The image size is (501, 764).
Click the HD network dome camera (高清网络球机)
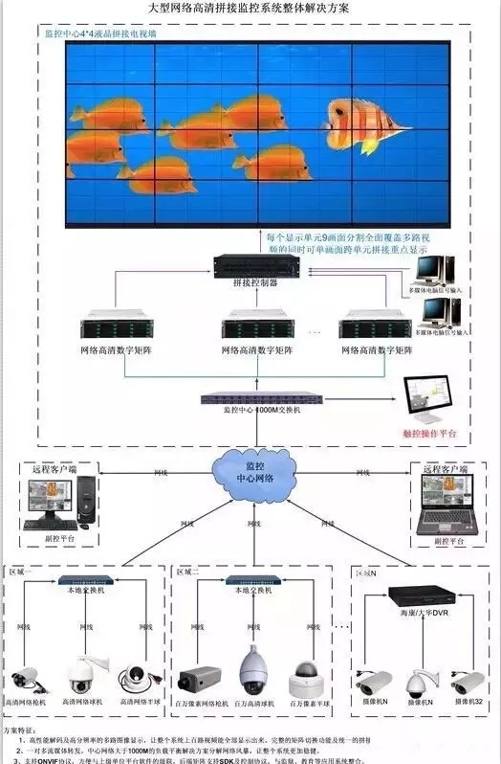click(x=79, y=673)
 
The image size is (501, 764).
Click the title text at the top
click(x=250, y=8)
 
